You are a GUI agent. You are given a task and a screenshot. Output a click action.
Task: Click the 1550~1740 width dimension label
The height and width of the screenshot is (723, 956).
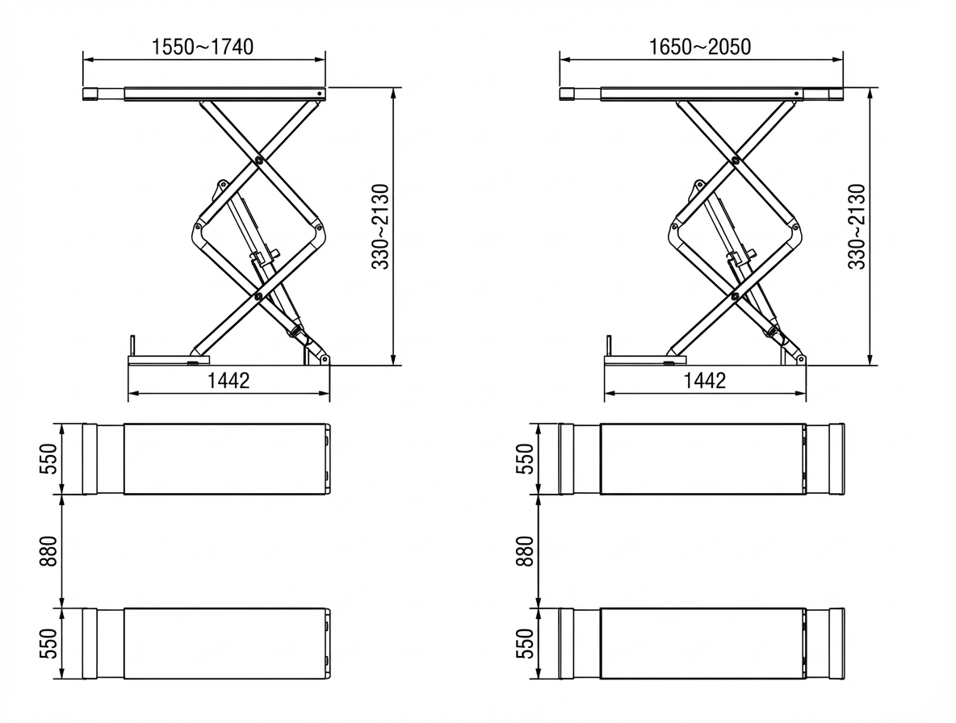pyautogui.click(x=203, y=47)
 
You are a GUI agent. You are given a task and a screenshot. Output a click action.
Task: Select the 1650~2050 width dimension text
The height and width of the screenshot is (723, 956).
pyautogui.click(x=699, y=47)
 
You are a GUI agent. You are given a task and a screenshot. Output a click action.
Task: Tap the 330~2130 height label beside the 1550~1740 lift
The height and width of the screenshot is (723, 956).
pyautogui.click(x=380, y=227)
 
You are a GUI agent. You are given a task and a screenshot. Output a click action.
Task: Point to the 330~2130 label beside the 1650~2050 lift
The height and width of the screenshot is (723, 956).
pyautogui.click(x=857, y=227)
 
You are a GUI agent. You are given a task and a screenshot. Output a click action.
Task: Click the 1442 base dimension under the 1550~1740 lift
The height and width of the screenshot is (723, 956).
pyautogui.click(x=229, y=381)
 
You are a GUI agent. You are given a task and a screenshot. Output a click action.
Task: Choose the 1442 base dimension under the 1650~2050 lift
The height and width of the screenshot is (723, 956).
pyautogui.click(x=705, y=381)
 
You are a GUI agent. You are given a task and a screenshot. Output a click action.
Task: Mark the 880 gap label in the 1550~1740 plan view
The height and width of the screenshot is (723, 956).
pyautogui.click(x=50, y=551)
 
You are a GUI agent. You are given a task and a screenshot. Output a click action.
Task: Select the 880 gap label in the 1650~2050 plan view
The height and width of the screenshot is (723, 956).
pyautogui.click(x=526, y=551)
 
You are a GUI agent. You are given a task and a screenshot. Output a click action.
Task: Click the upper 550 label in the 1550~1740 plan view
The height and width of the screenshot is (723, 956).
pyautogui.click(x=50, y=458)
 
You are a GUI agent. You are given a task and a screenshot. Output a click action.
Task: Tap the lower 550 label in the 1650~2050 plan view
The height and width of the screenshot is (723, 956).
pyautogui.click(x=526, y=644)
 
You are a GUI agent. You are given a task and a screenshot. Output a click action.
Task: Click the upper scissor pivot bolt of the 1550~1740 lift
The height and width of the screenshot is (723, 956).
pyautogui.click(x=258, y=160)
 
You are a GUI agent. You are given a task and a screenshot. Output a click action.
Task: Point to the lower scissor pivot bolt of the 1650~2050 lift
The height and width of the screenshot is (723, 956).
pyautogui.click(x=735, y=296)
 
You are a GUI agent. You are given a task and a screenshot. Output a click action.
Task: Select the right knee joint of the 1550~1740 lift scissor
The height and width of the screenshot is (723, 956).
pyautogui.click(x=319, y=228)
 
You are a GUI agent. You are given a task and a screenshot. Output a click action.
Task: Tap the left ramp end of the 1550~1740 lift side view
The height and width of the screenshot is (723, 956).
pyautogui.click(x=90, y=94)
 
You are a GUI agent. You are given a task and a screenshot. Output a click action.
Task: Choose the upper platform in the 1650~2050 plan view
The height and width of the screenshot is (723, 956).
pyautogui.click(x=701, y=458)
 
